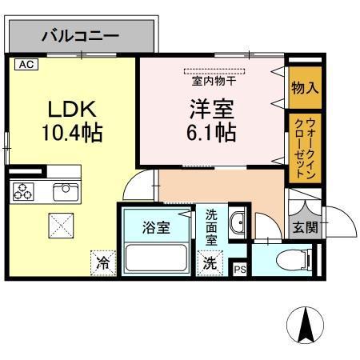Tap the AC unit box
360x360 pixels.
coord(26,64)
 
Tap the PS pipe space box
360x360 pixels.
coord(239,270)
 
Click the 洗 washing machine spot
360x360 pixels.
coord(209,262)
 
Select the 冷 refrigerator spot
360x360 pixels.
coord(102,262)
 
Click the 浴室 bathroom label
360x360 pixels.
coord(155,227)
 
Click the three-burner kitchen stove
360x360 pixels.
coord(22,192)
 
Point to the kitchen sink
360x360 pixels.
coord(63,192)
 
